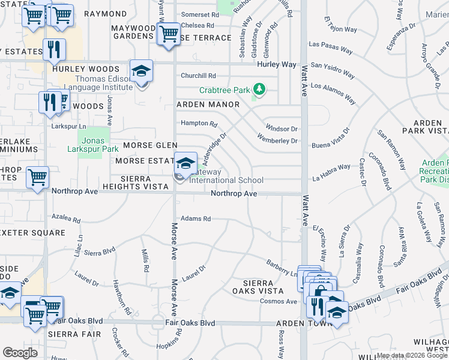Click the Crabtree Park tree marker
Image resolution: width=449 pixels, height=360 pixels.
coord(259,90)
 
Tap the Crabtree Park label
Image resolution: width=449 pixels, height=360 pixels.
coord(224,91)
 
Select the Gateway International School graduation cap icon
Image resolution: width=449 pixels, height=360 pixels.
coord(186,163)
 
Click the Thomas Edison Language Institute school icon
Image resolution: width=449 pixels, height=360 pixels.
coord(142,73)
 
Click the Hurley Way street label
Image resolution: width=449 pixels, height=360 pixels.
coord(277,64)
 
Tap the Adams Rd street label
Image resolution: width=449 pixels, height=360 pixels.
coord(196,219)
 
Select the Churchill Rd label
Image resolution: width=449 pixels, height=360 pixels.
coord(198,76)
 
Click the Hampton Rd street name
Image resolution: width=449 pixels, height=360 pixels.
coord(199,124)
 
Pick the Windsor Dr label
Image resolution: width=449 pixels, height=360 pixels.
coord(282,129)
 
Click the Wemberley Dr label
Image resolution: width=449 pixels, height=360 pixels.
coord(277,141)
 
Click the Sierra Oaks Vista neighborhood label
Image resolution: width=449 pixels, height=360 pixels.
coord(258,287)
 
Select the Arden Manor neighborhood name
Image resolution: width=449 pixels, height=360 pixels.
coord(208,104)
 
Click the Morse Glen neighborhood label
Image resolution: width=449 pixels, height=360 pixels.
coord(150,145)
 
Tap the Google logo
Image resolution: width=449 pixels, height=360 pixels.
coord(20,352)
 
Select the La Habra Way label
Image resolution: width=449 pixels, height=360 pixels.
coord(331,172)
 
